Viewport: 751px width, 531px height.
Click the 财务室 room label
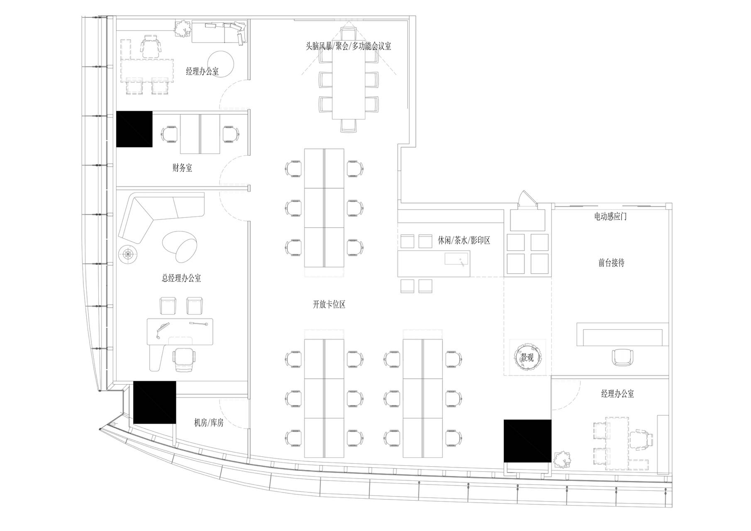pyautogui.click(x=182, y=168)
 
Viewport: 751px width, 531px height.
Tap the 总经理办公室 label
pyautogui.click(x=181, y=278)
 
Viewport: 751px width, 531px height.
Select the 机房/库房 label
pyautogui.click(x=209, y=423)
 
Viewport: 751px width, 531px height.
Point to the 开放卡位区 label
pyautogui.click(x=329, y=304)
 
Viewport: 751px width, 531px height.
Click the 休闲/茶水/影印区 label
pyautogui.click(x=464, y=240)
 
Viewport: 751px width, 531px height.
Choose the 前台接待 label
pyautogui.click(x=611, y=263)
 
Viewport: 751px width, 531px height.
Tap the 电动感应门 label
pyautogui.click(x=610, y=217)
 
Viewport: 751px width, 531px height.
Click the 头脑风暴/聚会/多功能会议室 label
pyautogui.click(x=349, y=46)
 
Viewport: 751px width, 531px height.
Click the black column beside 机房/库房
pyautogui.click(x=155, y=402)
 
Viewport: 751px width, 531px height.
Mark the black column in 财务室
pyautogui.click(x=134, y=129)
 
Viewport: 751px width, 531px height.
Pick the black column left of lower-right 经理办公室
pyautogui.click(x=527, y=441)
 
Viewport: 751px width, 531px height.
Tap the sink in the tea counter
pyautogui.click(x=457, y=260)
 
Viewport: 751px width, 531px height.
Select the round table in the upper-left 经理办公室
pyautogui.click(x=221, y=64)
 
